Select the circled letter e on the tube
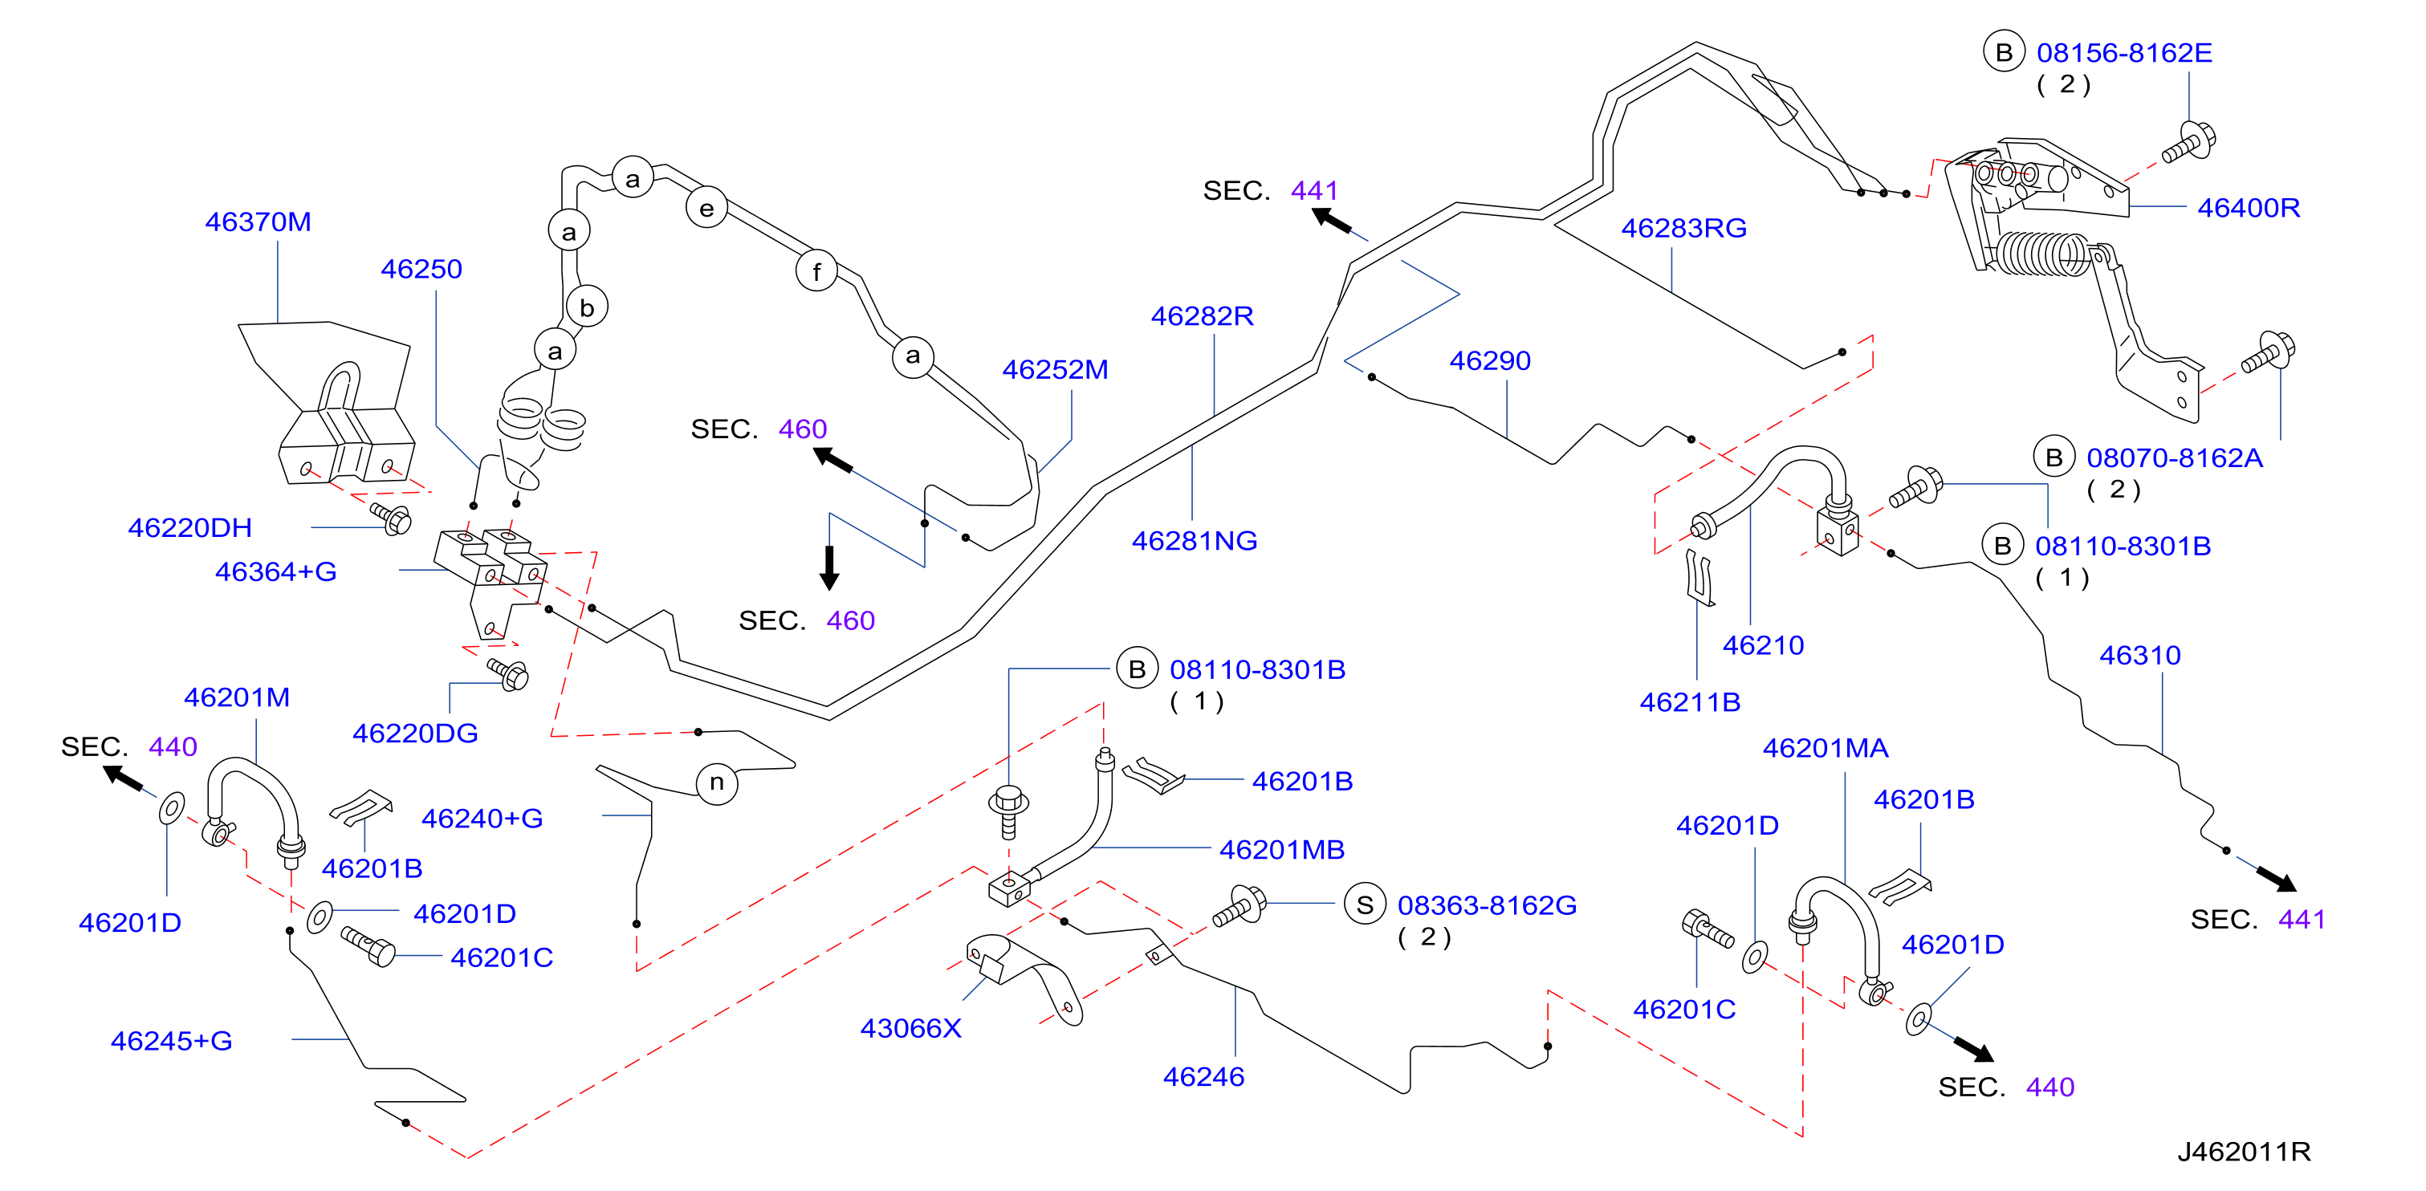pyautogui.click(x=706, y=208)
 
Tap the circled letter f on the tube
pyautogui.click(x=816, y=271)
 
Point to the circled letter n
pyautogui.click(x=717, y=782)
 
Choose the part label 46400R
pyautogui.click(x=2249, y=207)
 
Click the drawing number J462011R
pyautogui.click(x=2245, y=1151)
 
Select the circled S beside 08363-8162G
pyautogui.click(x=1365, y=904)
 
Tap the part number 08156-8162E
pyautogui.click(x=2125, y=53)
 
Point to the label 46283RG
pyautogui.click(x=1684, y=228)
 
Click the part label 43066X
pyautogui.click(x=910, y=1028)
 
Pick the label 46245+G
pyautogui.click(x=172, y=1040)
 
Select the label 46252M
pyautogui.click(x=1055, y=369)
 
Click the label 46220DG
pyautogui.click(x=415, y=733)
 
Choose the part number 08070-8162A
pyautogui.click(x=2175, y=457)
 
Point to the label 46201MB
pyautogui.click(x=1282, y=849)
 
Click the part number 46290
pyautogui.click(x=1490, y=360)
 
